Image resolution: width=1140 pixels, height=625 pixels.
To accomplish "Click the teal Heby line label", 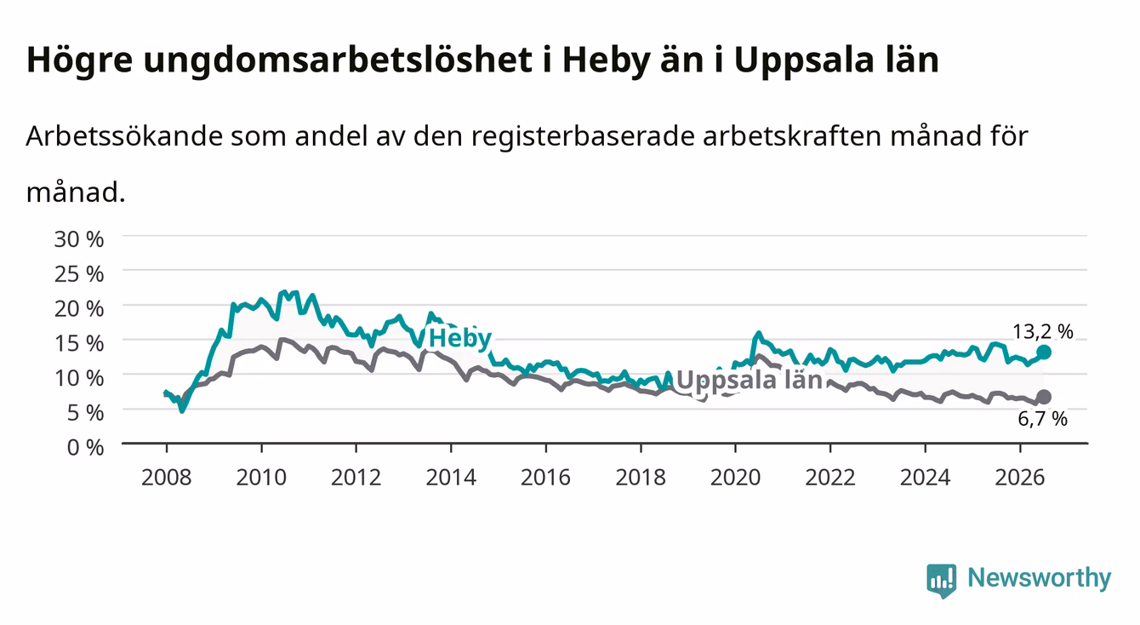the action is pos(459,338).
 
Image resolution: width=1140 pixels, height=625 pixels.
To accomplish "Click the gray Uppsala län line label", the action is pos(750,380).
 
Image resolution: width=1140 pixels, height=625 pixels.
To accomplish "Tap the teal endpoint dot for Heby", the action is pos(1044,352).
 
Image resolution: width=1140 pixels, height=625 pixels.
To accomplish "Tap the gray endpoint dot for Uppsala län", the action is pos(1044,397).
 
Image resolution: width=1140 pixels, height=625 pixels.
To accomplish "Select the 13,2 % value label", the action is pos(1043,331).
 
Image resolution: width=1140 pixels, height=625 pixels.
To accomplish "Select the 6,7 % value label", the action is pos(1043,419).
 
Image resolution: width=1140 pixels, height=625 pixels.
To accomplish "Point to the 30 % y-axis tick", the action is pos(79,239).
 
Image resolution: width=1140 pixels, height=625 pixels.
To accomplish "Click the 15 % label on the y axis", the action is pos(79,343).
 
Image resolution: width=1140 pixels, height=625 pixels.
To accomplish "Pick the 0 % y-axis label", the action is pos(85,447).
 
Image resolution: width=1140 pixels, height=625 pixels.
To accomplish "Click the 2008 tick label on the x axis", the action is pos(167,478).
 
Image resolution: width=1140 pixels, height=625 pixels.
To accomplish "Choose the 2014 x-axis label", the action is pos(451,478).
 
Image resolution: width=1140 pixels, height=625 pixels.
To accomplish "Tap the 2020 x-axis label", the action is pos(735,478).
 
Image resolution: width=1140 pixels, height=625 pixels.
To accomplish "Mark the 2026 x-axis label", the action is pos(1020,478).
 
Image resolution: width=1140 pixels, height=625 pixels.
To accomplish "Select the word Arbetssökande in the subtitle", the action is pos(124,136).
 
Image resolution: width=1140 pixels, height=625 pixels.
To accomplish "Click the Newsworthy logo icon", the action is pos(942,581).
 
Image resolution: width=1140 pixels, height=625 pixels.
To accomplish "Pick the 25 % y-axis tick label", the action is pos(79,274).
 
